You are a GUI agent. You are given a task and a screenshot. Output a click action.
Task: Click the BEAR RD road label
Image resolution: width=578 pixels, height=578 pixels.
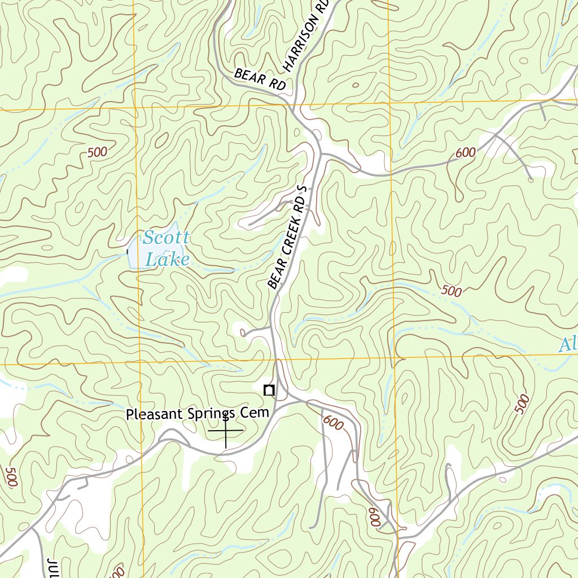coord(260,80)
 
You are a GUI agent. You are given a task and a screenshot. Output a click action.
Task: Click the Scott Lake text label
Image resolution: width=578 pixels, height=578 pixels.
coord(165,248)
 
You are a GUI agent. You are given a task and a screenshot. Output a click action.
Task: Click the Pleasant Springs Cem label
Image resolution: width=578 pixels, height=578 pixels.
coord(197,414)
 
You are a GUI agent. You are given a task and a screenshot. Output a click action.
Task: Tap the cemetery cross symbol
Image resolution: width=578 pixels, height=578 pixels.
coord(226,431)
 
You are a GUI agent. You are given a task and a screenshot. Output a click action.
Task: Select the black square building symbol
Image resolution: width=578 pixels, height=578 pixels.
coord(269,389)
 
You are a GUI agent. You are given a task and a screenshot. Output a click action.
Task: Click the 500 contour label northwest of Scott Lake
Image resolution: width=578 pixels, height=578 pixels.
coord(97,152)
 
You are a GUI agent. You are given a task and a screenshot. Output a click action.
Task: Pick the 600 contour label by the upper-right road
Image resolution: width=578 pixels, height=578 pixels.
coord(466,152)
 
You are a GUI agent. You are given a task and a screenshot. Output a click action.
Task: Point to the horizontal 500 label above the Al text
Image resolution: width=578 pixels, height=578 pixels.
coord(452,291)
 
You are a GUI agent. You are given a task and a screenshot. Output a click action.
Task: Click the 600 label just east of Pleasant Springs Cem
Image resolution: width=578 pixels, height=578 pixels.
coord(334,423)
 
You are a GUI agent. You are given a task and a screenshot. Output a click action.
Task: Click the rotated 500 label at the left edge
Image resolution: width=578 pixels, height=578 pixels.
coord(10,477)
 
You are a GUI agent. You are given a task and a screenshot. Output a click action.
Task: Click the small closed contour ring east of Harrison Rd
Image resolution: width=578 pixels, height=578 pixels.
coord(356,86)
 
